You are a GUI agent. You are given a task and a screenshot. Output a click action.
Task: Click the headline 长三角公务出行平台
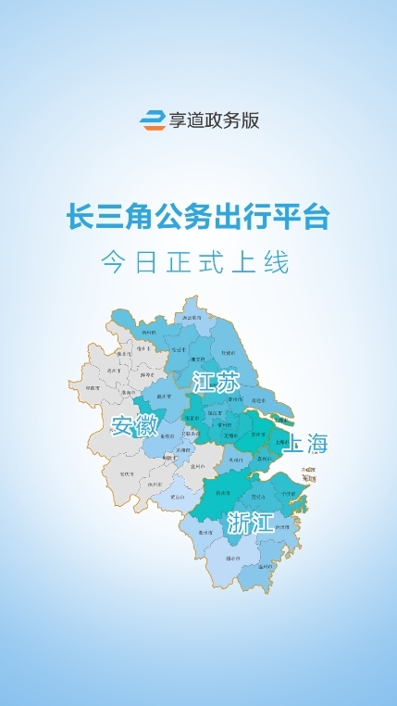198,219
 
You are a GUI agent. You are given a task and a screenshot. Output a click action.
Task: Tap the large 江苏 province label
209,383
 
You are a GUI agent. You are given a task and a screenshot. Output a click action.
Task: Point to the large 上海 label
305,444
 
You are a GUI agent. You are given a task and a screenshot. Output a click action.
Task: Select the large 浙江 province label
249,523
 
